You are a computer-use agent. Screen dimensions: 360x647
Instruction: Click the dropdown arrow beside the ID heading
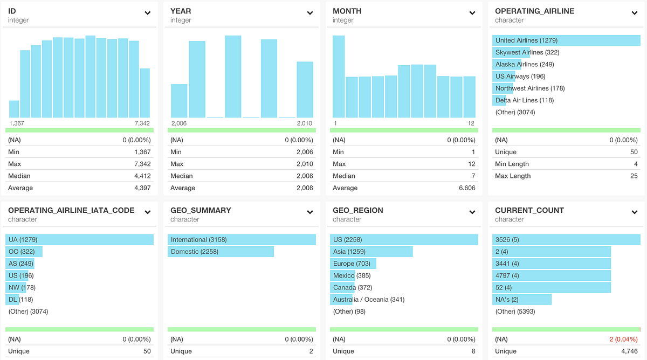(147, 13)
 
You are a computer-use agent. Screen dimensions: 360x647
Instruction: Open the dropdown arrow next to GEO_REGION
(472, 212)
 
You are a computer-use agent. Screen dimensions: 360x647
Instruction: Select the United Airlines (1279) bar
(566, 40)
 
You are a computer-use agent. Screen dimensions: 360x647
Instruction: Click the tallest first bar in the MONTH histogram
(339, 76)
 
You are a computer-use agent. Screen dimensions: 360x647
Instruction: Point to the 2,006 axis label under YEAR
(178, 123)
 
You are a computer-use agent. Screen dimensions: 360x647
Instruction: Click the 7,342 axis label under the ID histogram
(142, 123)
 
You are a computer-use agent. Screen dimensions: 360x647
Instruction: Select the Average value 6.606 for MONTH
(465, 188)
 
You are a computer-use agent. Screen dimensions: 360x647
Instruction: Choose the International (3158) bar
(242, 240)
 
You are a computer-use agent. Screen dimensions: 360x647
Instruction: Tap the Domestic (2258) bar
(221, 252)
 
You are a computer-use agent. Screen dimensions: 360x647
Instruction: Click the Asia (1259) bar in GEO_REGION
(371, 252)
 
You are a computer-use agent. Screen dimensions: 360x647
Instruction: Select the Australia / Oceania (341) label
(369, 299)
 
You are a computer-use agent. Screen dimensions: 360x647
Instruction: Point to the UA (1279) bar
(79, 240)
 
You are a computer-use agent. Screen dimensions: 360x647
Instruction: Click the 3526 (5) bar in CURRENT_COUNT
(566, 240)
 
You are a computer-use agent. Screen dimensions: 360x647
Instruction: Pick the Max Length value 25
(634, 176)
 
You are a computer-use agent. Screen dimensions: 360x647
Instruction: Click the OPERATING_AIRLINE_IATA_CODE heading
(71, 210)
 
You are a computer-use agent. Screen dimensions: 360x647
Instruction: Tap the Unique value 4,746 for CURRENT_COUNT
(628, 351)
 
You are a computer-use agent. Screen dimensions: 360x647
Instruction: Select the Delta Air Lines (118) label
(525, 100)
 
